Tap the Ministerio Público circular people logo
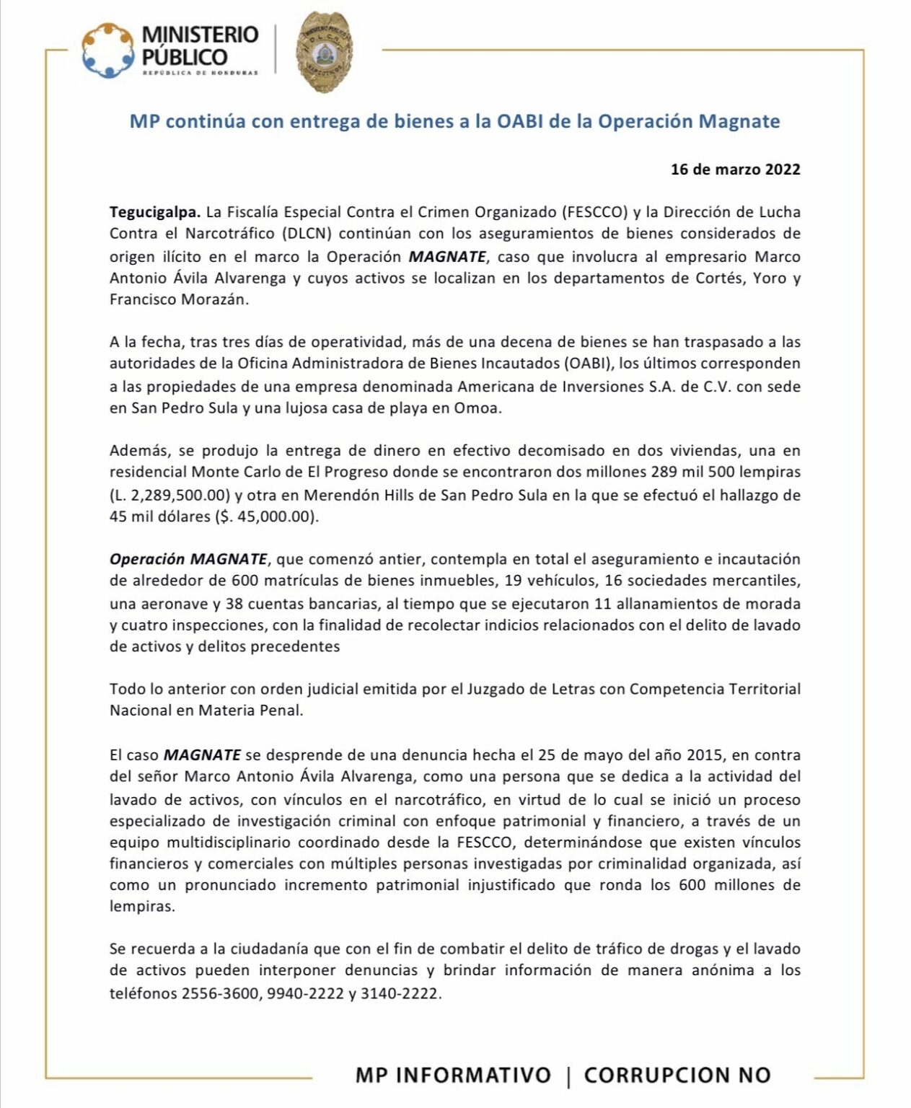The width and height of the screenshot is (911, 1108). pyautogui.click(x=108, y=50)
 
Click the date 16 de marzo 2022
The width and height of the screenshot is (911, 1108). pyautogui.click(x=735, y=170)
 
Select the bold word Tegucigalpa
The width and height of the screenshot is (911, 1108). pyautogui.click(x=154, y=212)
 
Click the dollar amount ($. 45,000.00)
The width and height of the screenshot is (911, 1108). pyautogui.click(x=267, y=516)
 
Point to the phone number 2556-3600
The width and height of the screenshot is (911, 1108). pyautogui.click(x=219, y=993)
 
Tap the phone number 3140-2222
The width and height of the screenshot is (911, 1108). pyautogui.click(x=401, y=993)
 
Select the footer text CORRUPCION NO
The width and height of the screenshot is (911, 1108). pyautogui.click(x=677, y=1075)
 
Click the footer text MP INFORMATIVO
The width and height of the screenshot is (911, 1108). pyautogui.click(x=453, y=1075)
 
